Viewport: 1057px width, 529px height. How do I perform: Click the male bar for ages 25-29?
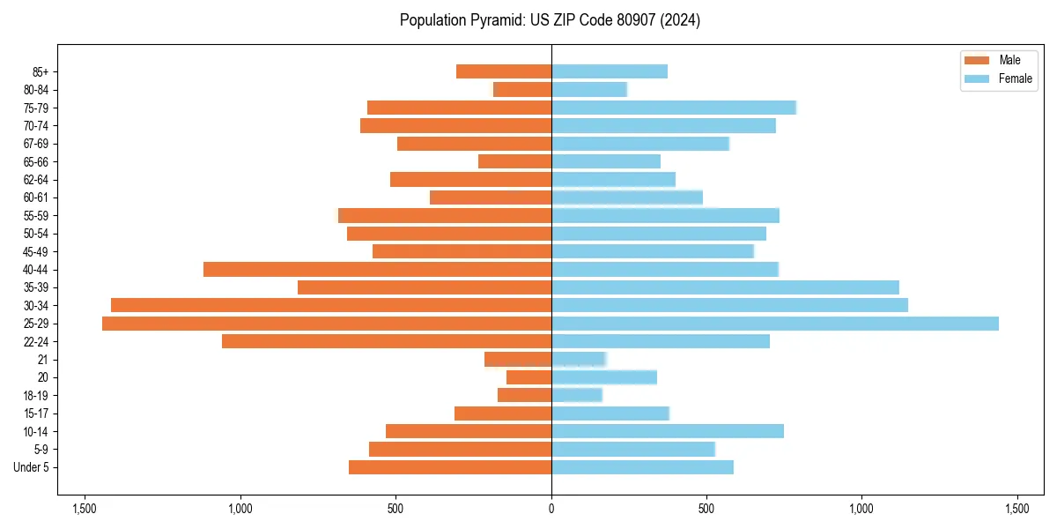[x=327, y=324]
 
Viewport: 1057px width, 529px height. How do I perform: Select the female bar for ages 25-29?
[x=775, y=324]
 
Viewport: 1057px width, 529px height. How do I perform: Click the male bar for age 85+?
[x=504, y=71]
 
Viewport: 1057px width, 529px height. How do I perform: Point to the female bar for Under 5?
[x=642, y=467]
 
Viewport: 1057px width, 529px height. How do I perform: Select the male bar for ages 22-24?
[x=387, y=341]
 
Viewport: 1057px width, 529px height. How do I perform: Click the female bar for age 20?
[x=604, y=377]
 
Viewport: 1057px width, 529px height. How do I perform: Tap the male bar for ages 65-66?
[x=514, y=161]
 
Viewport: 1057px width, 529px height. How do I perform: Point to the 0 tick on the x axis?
[x=551, y=509]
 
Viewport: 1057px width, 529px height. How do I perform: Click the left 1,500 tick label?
[x=85, y=509]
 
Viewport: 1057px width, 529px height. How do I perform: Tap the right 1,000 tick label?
[x=861, y=509]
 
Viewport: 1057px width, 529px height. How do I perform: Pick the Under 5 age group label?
[x=31, y=467]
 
